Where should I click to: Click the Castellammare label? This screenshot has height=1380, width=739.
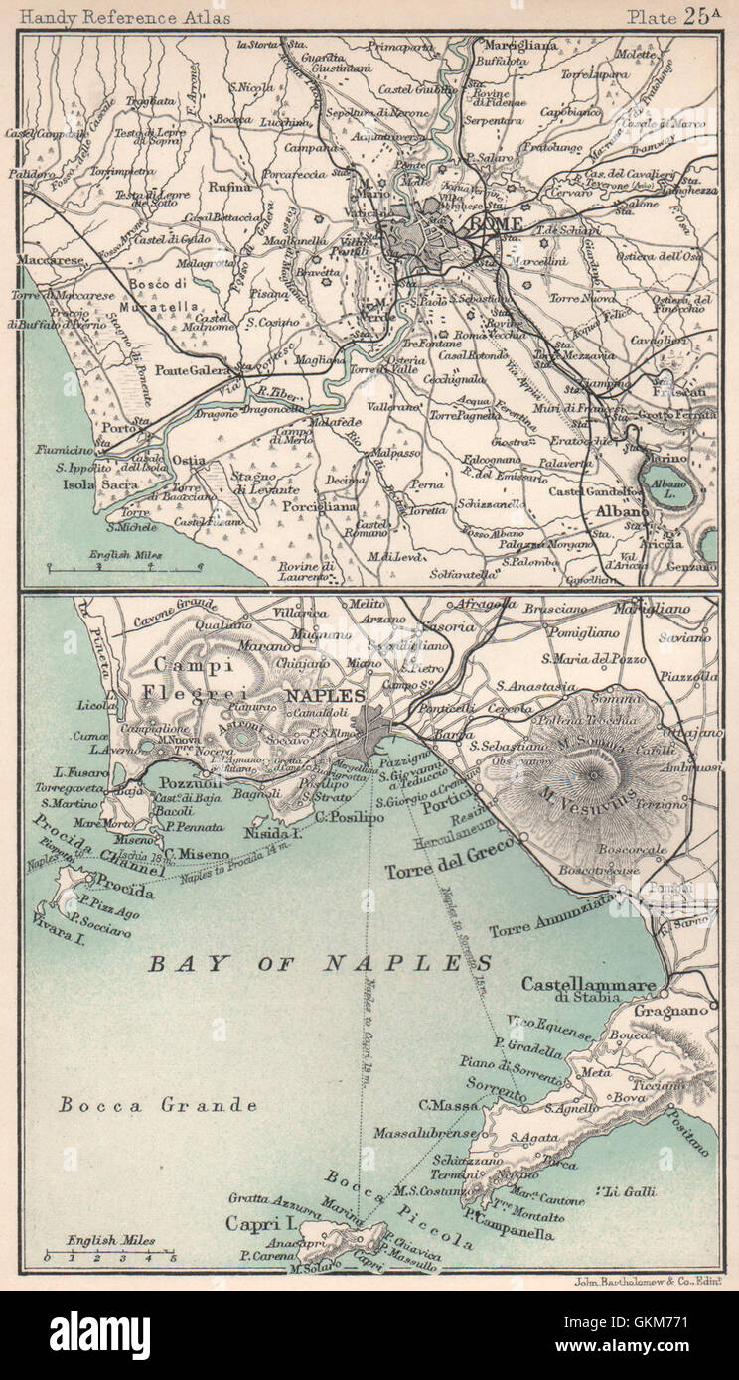pyautogui.click(x=588, y=984)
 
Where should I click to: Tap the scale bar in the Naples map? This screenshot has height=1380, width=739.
pyautogui.click(x=109, y=1256)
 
